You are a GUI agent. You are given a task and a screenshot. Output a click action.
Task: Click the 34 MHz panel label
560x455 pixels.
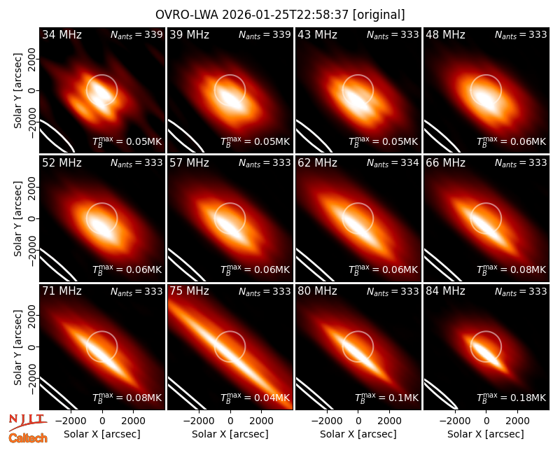[x=62, y=34]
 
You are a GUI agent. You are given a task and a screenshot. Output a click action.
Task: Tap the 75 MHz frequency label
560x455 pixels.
[x=189, y=291]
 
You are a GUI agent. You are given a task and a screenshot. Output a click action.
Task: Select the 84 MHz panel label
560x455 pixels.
[x=445, y=291]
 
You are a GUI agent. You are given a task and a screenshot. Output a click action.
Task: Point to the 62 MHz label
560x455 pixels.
[x=318, y=163]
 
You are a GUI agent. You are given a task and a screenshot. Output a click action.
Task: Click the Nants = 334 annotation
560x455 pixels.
[x=393, y=163]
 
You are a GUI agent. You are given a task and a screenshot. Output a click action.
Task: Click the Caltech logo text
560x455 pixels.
[x=28, y=438]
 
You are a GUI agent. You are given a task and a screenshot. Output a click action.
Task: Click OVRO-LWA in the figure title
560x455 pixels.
[x=187, y=15]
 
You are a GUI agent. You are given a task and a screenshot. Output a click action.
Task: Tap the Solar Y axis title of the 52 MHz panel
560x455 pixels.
[x=18, y=218]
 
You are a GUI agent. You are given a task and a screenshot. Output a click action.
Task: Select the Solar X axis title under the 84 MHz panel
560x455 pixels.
[x=486, y=434]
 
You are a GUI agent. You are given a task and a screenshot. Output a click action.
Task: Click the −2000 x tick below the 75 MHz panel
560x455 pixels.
[x=199, y=421]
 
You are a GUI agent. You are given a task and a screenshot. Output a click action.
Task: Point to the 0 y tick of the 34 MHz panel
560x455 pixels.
[x=32, y=90]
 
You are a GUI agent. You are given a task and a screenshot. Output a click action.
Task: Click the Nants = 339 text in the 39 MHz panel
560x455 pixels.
[x=265, y=35]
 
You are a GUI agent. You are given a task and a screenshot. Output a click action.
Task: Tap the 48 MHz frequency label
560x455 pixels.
[x=445, y=34]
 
